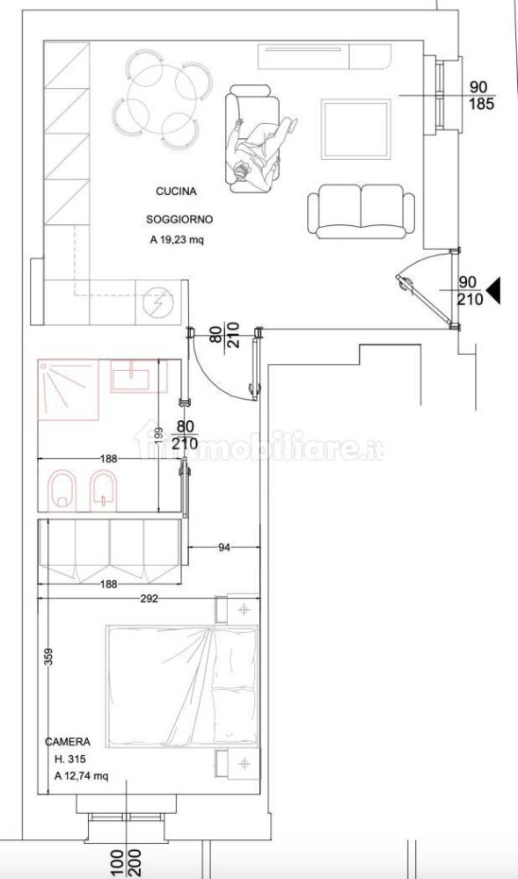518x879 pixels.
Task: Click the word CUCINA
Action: click(176, 191)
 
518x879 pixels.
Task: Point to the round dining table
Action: click(160, 98)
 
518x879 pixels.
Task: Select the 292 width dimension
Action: click(148, 599)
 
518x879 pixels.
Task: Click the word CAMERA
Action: click(67, 743)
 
